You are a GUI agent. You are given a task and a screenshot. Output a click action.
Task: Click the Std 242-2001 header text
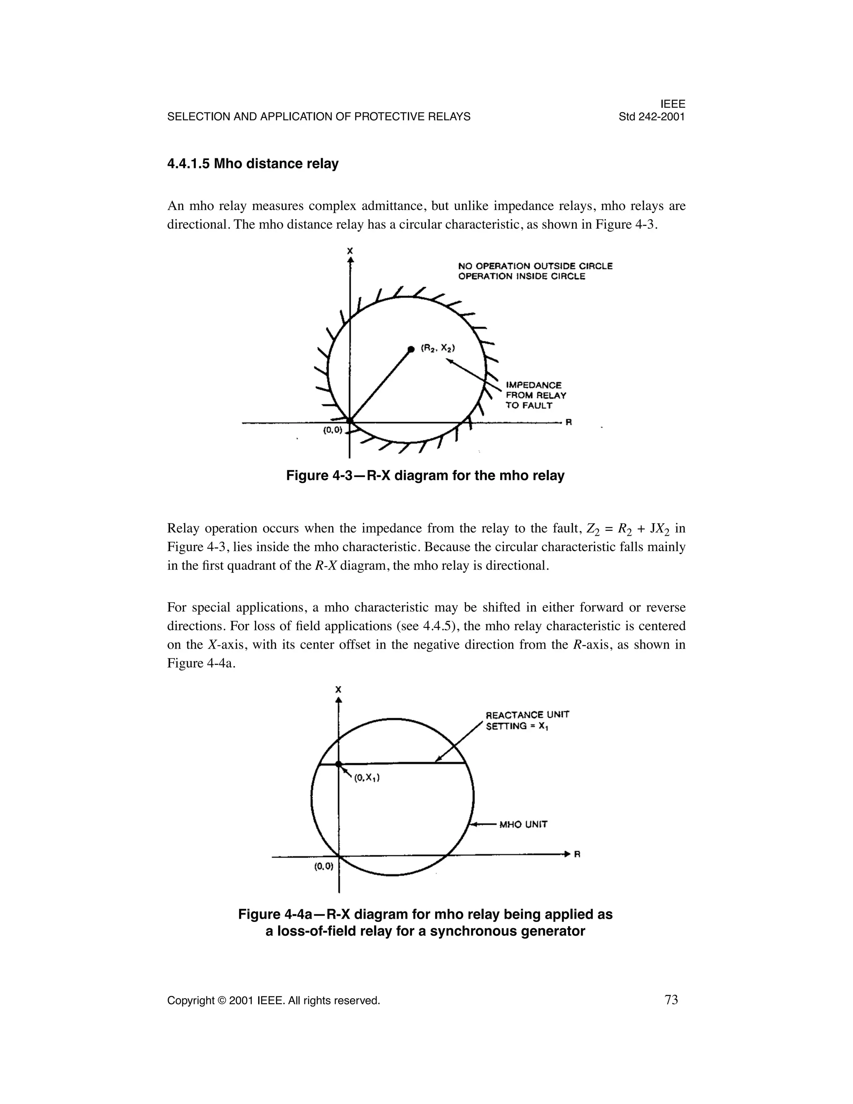click(651, 117)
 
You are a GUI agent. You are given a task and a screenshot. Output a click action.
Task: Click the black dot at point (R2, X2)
click(411, 349)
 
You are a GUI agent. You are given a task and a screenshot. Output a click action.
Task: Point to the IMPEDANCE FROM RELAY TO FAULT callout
click(535, 395)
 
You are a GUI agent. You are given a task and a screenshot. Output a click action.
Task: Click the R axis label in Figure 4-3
click(568, 422)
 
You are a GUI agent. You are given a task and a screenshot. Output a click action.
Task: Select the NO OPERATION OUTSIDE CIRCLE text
click(535, 266)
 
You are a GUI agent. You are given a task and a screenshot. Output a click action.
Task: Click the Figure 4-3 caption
click(425, 476)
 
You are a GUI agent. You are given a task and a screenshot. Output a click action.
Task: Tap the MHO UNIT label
click(523, 824)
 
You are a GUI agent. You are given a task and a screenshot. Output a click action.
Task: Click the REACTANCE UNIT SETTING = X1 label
click(527, 720)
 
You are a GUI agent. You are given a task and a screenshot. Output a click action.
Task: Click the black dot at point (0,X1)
click(339, 764)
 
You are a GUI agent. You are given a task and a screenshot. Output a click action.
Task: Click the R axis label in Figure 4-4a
click(576, 854)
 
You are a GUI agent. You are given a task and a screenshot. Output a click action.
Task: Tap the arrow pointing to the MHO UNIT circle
click(483, 824)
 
